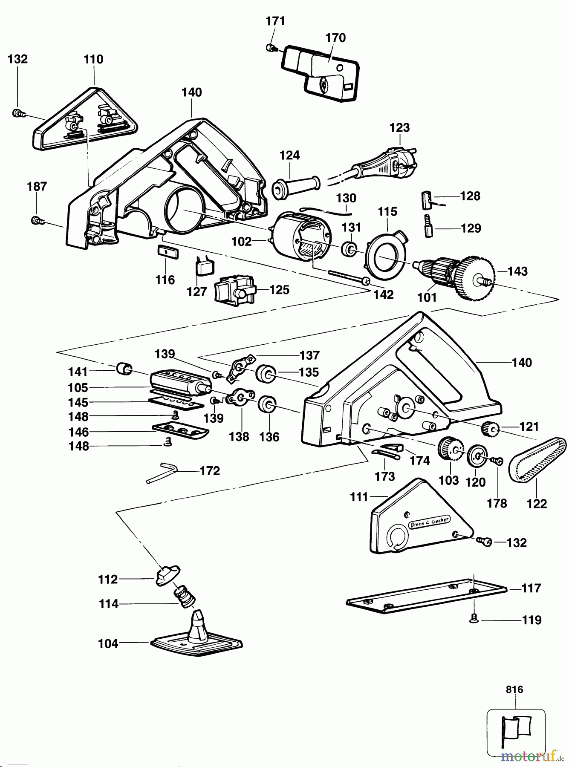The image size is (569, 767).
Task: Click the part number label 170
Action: tap(335, 38)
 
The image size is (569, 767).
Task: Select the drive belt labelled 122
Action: tap(537, 460)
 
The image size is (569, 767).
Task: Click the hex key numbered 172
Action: tap(162, 473)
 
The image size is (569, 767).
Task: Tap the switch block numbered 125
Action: tap(236, 291)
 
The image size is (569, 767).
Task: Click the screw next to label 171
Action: tap(270, 48)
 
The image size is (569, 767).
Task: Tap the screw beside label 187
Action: tap(37, 220)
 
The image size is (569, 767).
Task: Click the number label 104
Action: tap(108, 643)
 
